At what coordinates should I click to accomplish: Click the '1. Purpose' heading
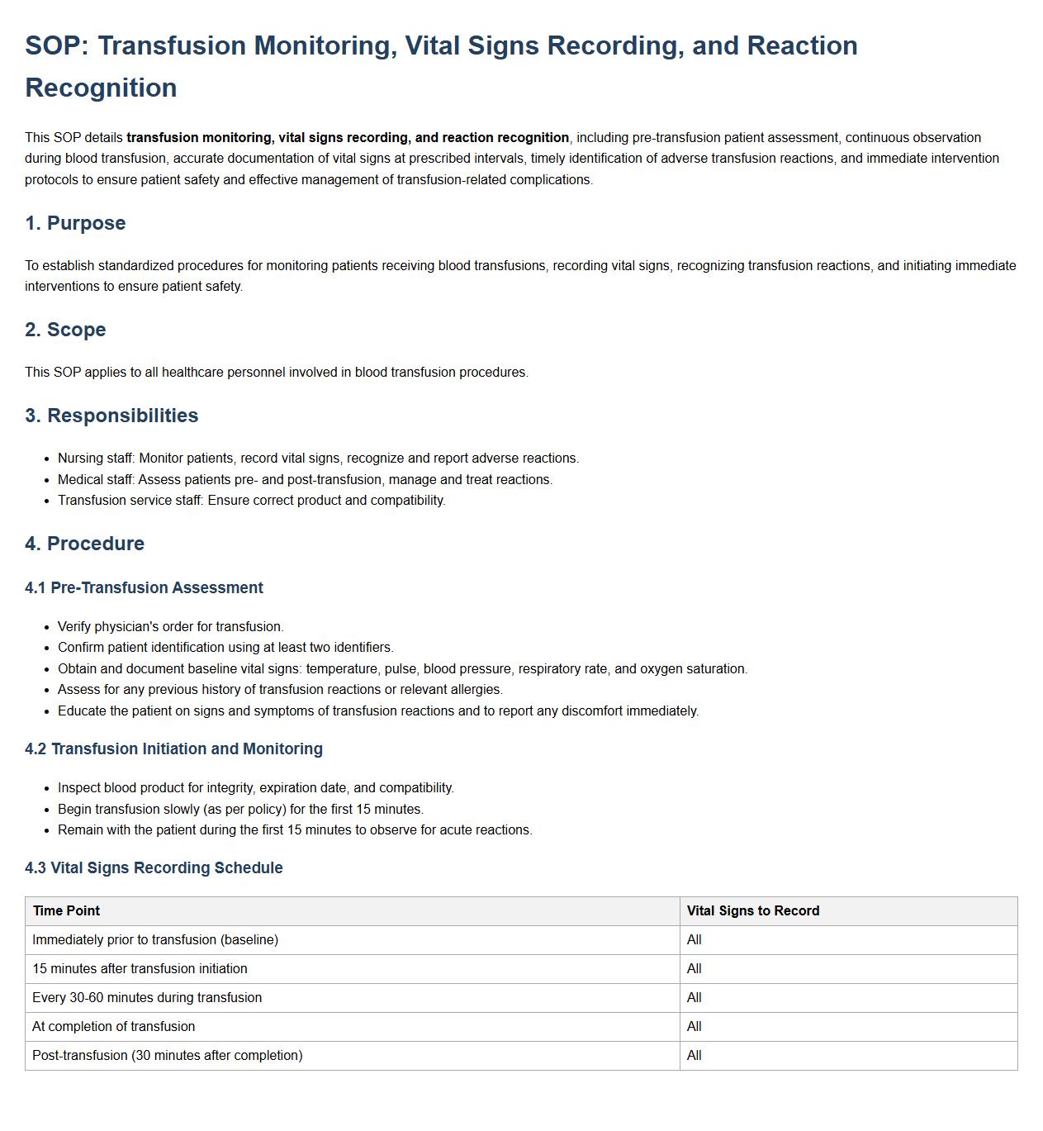[75, 223]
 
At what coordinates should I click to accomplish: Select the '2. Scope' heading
[65, 330]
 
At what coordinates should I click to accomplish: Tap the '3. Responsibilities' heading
[111, 416]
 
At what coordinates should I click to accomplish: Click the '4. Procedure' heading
[84, 544]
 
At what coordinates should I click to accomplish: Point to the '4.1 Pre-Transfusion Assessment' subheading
[144, 588]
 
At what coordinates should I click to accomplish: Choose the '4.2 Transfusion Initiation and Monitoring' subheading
[173, 749]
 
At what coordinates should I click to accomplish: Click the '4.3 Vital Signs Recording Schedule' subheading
[154, 868]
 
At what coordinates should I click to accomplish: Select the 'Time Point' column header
[66, 911]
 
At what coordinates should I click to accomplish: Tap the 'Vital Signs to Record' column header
[753, 911]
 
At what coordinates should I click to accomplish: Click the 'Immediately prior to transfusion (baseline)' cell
[155, 940]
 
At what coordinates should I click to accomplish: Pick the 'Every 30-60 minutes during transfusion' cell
[147, 998]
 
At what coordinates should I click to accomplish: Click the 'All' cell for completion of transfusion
[695, 1027]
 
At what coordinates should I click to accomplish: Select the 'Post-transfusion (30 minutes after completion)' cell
[168, 1056]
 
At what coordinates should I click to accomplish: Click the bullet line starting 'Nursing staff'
[318, 459]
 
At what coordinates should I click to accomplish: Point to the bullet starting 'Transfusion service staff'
[251, 501]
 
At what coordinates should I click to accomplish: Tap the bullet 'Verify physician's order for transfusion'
[170, 627]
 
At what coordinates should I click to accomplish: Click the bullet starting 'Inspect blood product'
[255, 788]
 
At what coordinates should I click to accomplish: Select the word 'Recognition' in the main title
[101, 88]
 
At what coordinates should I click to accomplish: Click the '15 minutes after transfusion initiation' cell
[140, 969]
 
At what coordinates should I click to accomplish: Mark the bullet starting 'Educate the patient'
[377, 711]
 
